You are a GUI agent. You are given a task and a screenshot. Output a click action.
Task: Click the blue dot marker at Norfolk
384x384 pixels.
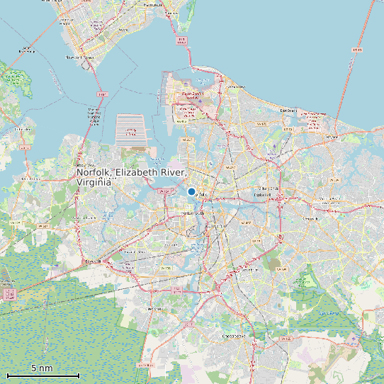coord(191,191)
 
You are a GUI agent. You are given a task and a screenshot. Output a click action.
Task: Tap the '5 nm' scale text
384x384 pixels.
coord(42,368)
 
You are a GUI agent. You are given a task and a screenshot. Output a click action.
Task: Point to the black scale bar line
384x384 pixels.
coord(43,375)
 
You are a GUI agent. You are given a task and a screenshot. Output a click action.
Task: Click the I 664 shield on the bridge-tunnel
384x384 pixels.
coord(102,94)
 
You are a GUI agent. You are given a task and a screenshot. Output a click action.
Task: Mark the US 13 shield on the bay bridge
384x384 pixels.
coord(356,50)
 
